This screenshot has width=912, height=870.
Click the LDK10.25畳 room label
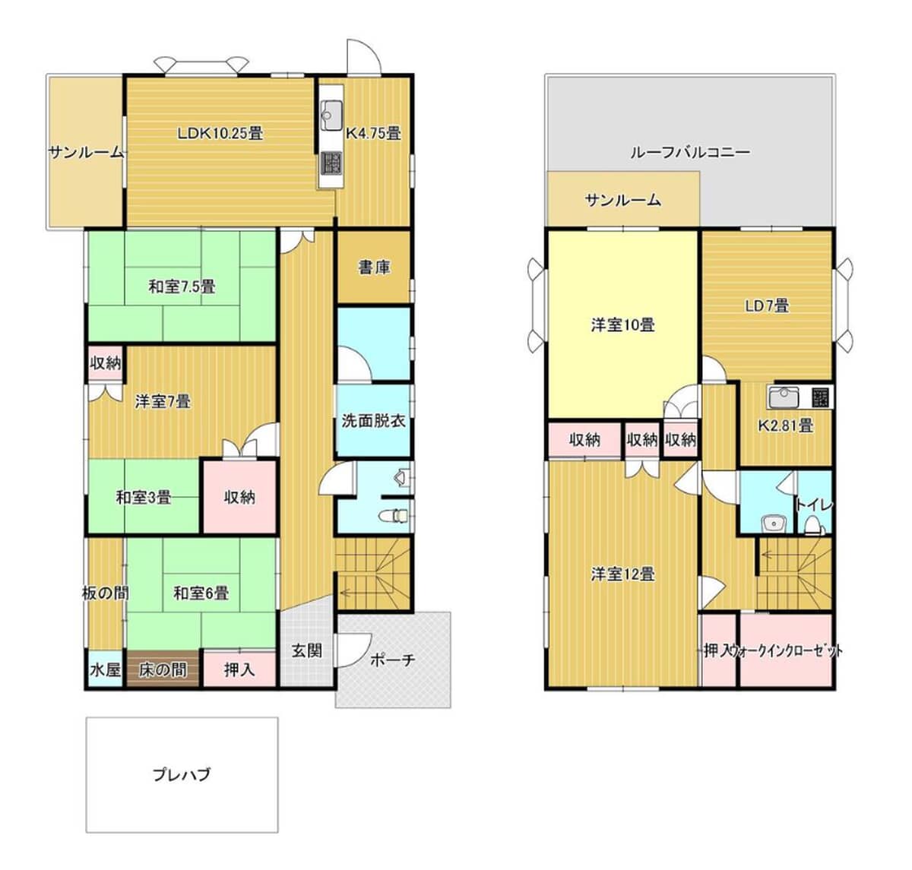coord(220,134)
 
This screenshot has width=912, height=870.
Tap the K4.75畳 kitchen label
coord(373,134)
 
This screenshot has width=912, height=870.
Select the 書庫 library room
coord(374,267)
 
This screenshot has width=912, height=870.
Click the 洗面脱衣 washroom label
coord(373,421)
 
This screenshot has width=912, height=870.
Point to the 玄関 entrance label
coord(306,650)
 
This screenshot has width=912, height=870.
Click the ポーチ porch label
coord(392,660)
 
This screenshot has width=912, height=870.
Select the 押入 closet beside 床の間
coord(240,669)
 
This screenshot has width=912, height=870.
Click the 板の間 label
coord(106,593)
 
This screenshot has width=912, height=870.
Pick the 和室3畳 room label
coord(144,498)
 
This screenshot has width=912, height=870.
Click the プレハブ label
coord(182,774)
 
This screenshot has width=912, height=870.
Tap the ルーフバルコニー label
coord(690,152)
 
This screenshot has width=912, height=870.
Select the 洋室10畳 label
coord(622,324)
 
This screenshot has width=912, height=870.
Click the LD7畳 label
coord(767,305)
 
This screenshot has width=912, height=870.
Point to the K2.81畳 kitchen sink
coord(784,397)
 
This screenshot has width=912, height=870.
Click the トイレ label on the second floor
coord(815,505)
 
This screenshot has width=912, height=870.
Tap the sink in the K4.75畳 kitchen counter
coord(331,115)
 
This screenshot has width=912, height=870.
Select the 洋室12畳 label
coord(622,574)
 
